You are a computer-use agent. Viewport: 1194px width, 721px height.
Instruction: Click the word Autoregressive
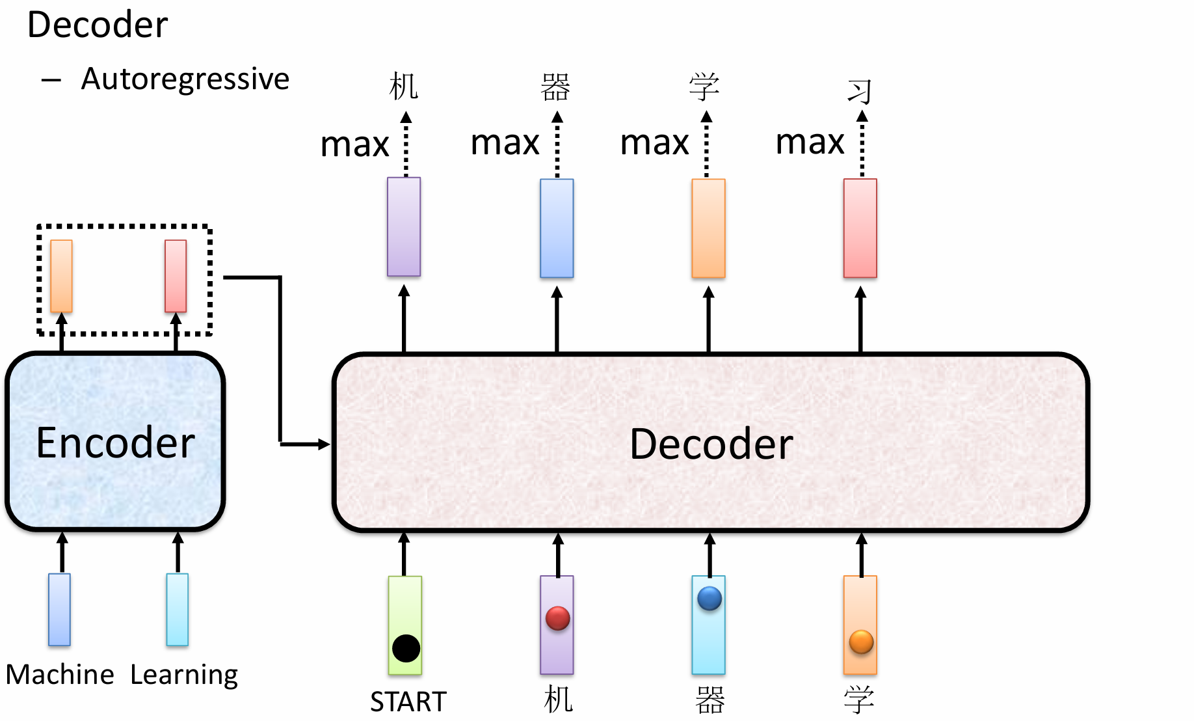click(x=185, y=79)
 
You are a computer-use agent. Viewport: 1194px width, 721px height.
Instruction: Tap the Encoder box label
click(x=115, y=443)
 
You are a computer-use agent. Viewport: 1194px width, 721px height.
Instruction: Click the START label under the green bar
click(x=408, y=701)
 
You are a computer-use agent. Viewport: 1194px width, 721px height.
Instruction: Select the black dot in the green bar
click(x=406, y=648)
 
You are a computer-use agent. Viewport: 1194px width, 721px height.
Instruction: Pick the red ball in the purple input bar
click(x=557, y=618)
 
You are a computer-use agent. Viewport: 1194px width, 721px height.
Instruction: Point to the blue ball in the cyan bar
click(x=709, y=598)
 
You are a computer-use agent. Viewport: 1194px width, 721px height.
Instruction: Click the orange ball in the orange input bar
click(x=861, y=642)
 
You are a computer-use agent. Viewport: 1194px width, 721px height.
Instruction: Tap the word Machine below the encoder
click(x=60, y=675)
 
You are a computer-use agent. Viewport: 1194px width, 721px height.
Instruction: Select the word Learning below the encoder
click(x=184, y=675)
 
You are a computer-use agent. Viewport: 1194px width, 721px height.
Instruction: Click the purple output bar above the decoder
click(x=404, y=226)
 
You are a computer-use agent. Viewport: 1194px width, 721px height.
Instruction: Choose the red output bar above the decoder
click(x=860, y=228)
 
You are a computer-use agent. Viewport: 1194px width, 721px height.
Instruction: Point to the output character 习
click(x=859, y=91)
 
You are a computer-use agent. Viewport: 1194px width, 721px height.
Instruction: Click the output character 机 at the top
click(x=403, y=87)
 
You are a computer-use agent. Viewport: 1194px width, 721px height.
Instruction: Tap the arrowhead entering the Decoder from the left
click(x=324, y=444)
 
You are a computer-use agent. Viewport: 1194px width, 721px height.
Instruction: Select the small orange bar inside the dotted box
click(x=61, y=276)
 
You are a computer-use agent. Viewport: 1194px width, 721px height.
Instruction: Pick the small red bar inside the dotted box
click(x=176, y=276)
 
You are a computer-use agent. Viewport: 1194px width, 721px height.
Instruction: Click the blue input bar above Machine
click(x=59, y=609)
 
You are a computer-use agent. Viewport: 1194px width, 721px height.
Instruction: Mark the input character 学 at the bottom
click(x=858, y=700)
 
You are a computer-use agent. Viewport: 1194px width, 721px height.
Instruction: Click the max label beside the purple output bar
click(x=354, y=144)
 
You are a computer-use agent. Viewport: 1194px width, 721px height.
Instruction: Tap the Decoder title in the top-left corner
click(x=98, y=25)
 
